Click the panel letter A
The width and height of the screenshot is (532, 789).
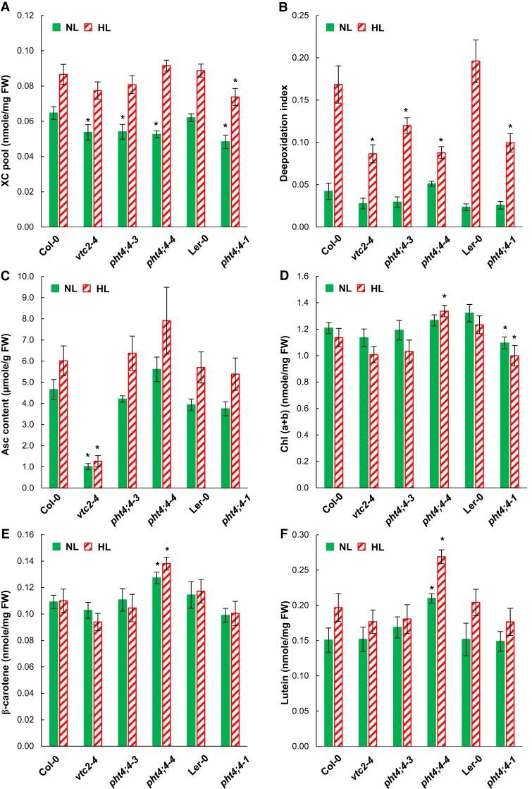(6, 6)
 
